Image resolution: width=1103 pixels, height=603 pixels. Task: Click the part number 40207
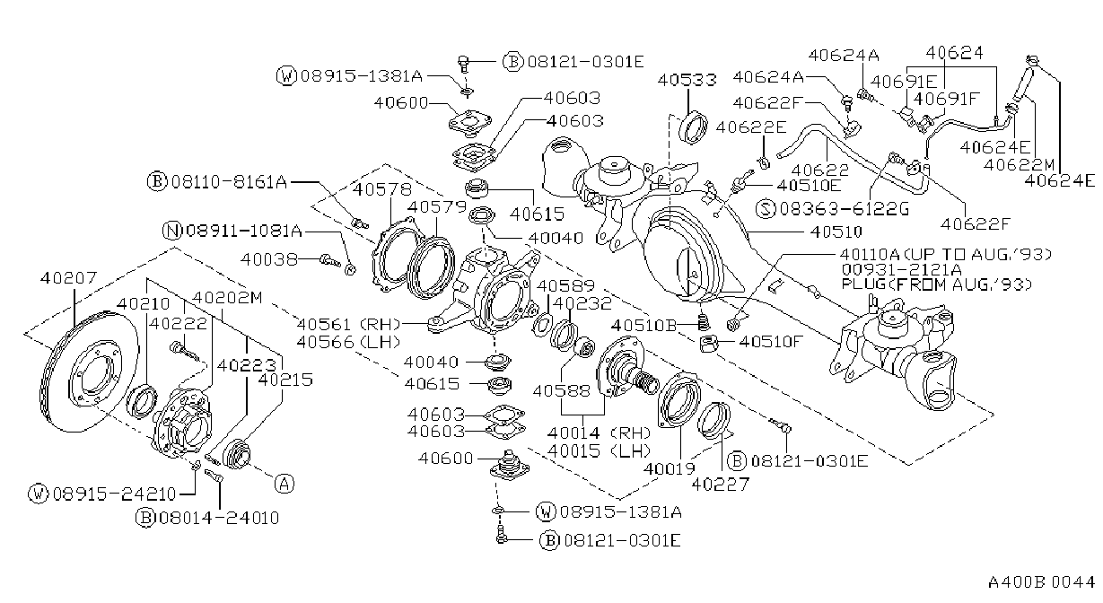click(x=69, y=278)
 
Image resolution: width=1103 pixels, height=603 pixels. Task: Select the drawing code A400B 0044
click(x=1041, y=582)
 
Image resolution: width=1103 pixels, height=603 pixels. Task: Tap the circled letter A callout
click(x=285, y=484)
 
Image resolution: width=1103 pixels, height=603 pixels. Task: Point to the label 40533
click(x=687, y=80)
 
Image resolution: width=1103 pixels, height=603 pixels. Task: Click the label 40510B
click(x=644, y=326)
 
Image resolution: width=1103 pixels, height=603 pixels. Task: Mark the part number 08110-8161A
click(x=229, y=182)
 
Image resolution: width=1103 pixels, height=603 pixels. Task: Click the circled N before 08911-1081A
click(x=172, y=231)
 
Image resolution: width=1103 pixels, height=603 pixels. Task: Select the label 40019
click(x=670, y=468)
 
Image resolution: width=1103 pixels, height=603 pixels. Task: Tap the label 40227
click(x=721, y=485)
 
